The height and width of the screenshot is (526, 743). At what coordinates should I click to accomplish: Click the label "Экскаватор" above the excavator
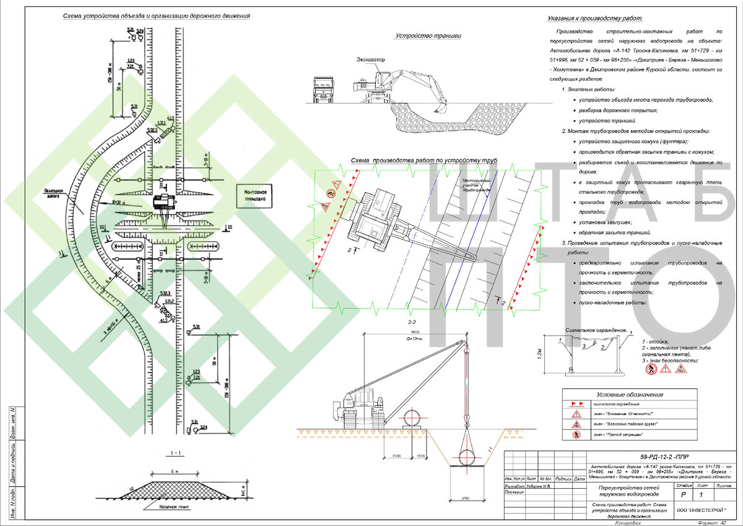click(370, 59)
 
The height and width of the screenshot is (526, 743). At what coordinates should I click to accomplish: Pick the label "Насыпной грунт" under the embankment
click(165, 506)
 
